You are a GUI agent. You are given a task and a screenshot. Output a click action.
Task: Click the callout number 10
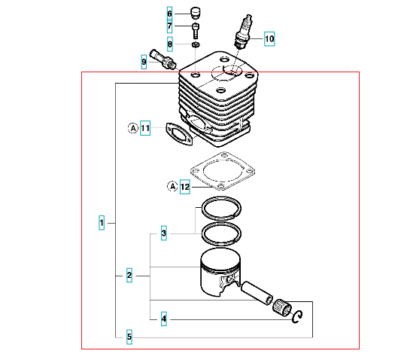tap(269, 39)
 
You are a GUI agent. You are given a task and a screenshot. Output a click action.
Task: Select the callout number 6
tap(169, 14)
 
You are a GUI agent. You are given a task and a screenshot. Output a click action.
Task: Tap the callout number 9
tap(144, 62)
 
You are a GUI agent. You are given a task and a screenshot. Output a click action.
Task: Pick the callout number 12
tap(185, 187)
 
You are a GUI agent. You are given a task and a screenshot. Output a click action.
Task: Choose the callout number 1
tap(102, 223)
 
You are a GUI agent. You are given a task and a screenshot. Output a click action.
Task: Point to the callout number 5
tap(129, 337)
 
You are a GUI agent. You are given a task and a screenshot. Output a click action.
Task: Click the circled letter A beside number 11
tap(133, 128)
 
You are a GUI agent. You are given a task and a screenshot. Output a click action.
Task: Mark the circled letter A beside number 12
tap(172, 186)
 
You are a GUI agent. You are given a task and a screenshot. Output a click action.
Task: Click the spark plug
tap(242, 32)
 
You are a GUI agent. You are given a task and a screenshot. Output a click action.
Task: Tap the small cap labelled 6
tap(196, 13)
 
